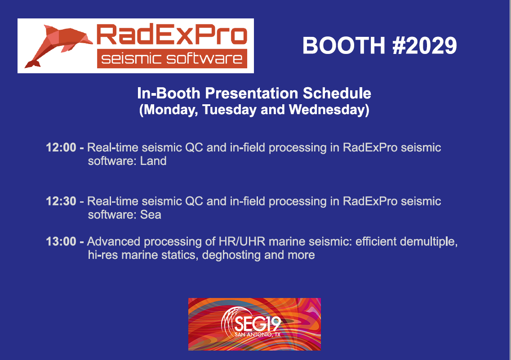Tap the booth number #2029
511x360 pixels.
[425, 45]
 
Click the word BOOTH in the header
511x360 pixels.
[344, 45]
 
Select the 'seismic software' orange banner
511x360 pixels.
[172, 58]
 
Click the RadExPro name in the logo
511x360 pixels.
[172, 35]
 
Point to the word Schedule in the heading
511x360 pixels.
[337, 93]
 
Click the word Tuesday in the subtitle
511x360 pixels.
[229, 110]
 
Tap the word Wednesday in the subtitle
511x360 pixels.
[329, 110]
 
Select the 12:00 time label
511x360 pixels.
[61, 147]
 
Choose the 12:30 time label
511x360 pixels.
[61, 201]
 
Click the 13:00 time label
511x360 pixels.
[61, 242]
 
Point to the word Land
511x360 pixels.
[153, 161]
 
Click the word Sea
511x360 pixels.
[151, 215]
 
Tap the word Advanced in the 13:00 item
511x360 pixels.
[114, 242]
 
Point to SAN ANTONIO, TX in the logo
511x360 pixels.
[258, 334]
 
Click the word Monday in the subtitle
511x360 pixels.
[169, 110]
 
